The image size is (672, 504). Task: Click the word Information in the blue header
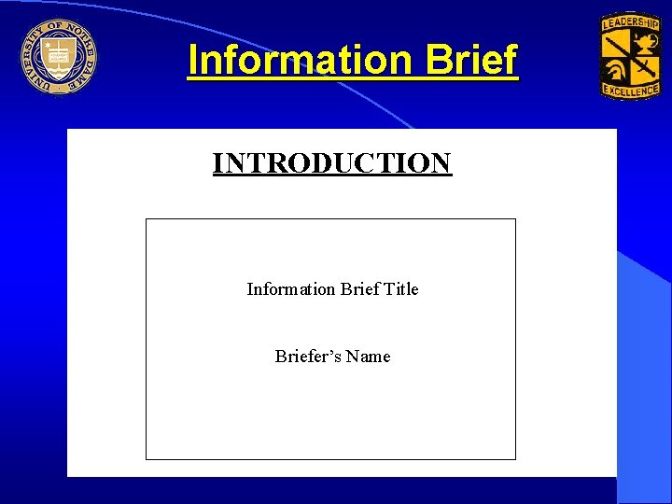[299, 61]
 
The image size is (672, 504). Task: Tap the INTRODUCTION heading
[332, 163]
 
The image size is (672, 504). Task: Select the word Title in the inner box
[400, 289]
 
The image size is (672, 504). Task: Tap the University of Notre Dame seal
[58, 57]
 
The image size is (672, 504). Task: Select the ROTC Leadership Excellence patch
[630, 56]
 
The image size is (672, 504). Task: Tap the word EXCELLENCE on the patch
[630, 90]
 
